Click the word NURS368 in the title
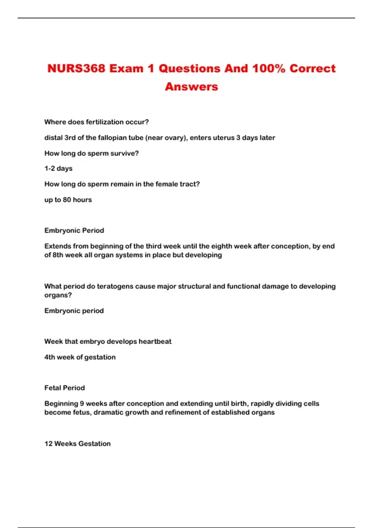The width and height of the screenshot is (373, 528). pos(76,69)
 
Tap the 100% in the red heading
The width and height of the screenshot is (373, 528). pos(268,69)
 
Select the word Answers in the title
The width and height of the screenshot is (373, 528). pos(191,87)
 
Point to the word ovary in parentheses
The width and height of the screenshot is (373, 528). pos(175,138)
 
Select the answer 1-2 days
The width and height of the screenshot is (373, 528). pos(58,168)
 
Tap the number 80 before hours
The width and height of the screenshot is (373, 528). pos(67,200)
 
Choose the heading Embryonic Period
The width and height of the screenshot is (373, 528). pos(74,230)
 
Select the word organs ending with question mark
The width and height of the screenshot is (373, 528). pos(58,295)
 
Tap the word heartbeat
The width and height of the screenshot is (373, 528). pos(155,342)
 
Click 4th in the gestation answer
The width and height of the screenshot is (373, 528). pos(50,357)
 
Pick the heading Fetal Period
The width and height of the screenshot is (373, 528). pos(65,388)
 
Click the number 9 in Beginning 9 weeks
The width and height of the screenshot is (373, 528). pos(82,404)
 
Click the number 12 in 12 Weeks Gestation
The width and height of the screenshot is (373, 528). pos(48,444)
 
